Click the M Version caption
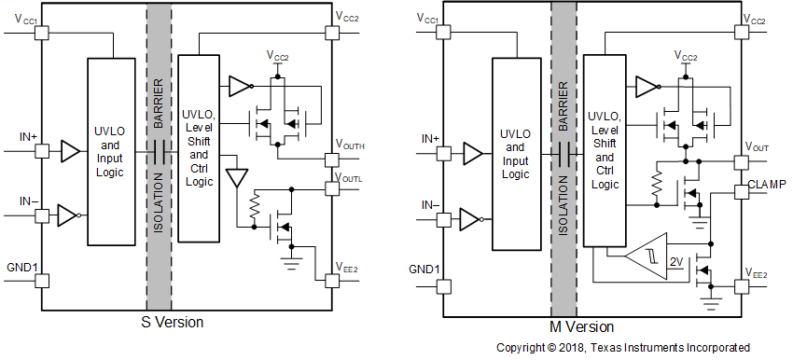pyautogui.click(x=582, y=327)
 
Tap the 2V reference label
pyautogui.click(x=676, y=262)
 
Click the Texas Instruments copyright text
pyautogui.click(x=622, y=348)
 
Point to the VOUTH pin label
pyautogui.click(x=350, y=146)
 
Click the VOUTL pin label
pyautogui.click(x=350, y=177)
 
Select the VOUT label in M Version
pyautogui.click(x=757, y=148)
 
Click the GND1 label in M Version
pyautogui.click(x=424, y=270)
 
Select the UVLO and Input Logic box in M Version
pyautogui.click(x=518, y=153)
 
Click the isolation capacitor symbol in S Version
pyautogui.click(x=159, y=153)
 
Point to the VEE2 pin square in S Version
pyautogui.click(x=330, y=279)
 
